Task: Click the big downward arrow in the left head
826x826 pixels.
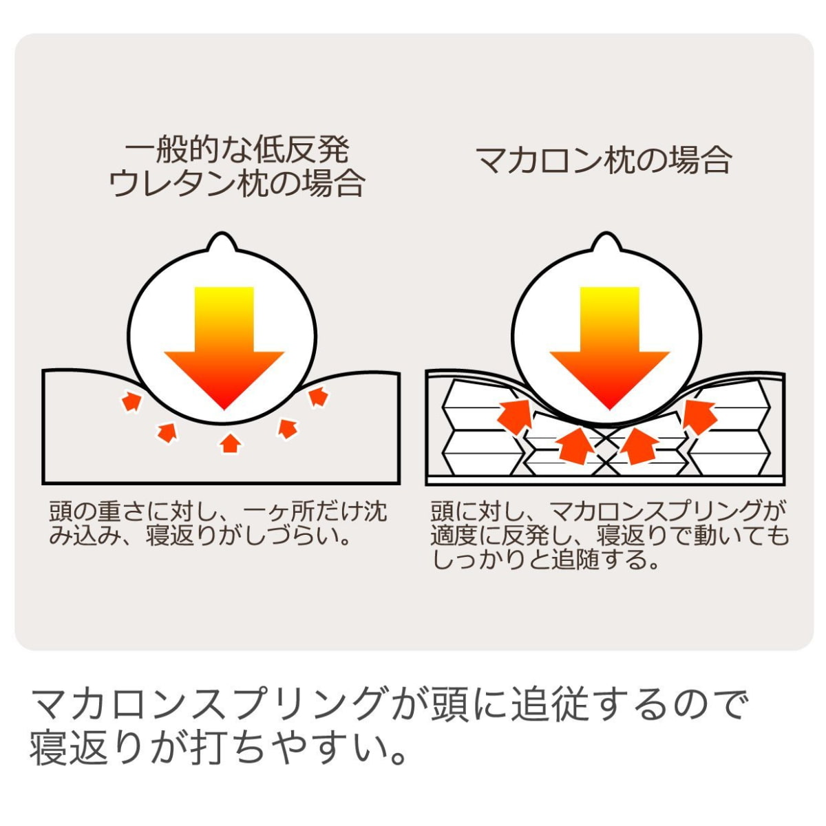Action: click(224, 347)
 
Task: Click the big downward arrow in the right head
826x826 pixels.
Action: click(610, 347)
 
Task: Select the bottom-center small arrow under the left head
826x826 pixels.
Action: click(230, 443)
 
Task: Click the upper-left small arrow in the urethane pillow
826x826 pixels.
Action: click(131, 401)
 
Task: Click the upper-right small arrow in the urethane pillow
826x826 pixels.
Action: click(318, 396)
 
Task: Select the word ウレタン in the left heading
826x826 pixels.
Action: click(173, 184)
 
